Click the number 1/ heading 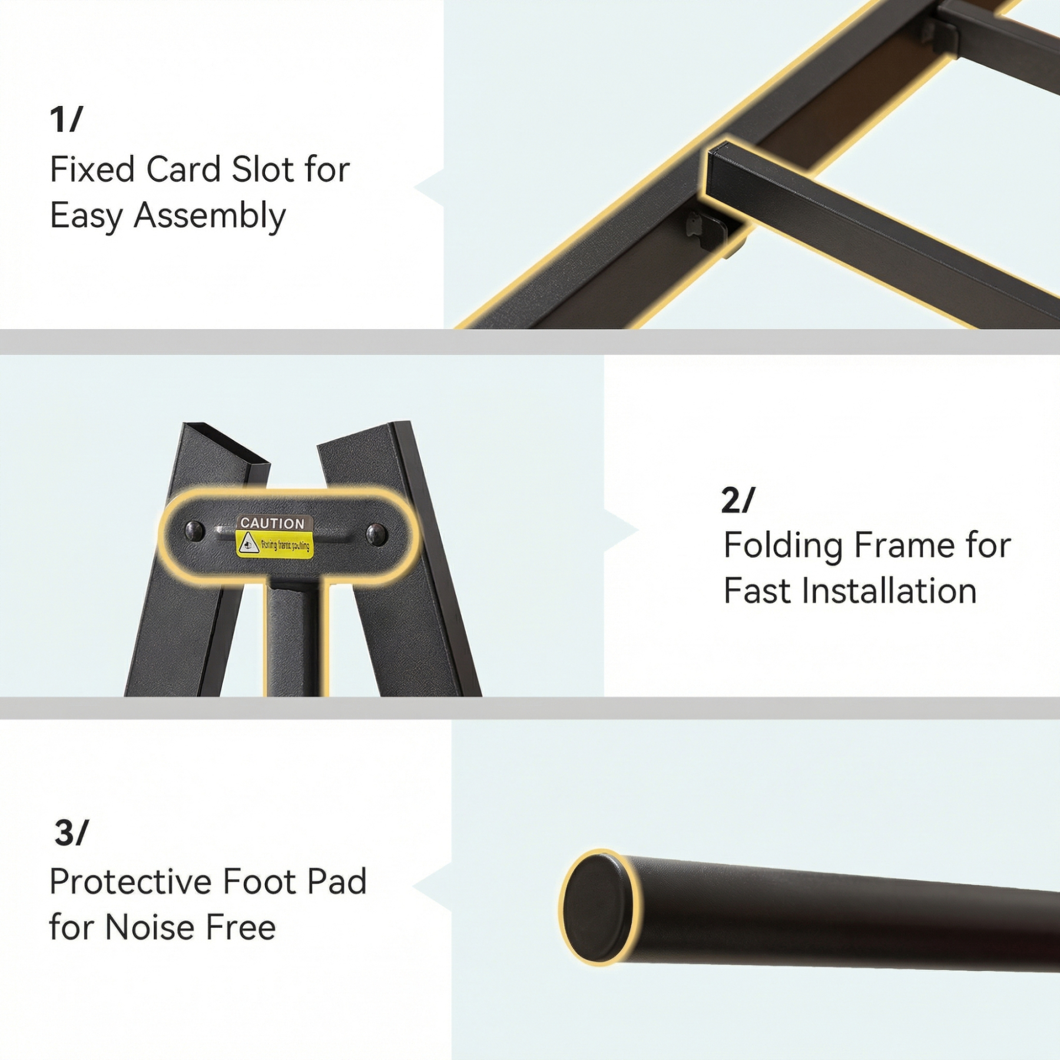tap(66, 120)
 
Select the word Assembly tap(210, 216)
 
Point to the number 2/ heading tap(737, 501)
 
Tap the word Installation tap(889, 591)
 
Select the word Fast tap(758, 591)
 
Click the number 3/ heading tap(71, 833)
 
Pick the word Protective tap(131, 882)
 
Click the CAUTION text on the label tap(273, 523)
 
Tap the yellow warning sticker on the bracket tap(274, 545)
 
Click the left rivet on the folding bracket tap(195, 531)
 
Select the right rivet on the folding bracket tap(376, 535)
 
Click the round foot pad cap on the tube tap(596, 907)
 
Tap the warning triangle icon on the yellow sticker tap(248, 544)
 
